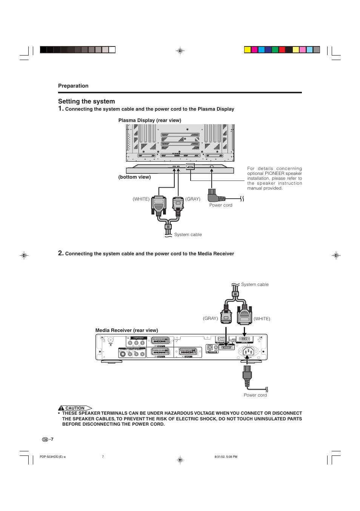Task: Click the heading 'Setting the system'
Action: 86,101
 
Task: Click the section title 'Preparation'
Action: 73,86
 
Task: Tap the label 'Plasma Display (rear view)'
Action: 150,120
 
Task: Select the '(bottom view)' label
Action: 134,177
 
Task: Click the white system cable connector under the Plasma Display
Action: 159,206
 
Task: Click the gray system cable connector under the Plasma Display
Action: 178,205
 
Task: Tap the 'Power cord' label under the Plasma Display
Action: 221,205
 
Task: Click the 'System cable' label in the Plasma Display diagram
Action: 188,235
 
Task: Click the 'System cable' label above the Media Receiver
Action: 255,284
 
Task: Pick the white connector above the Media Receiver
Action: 245,315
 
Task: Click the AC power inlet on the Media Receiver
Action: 248,352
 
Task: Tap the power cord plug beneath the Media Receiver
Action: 247,375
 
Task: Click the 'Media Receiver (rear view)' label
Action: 127,330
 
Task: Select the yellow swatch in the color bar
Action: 248,50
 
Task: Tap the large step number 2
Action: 61,253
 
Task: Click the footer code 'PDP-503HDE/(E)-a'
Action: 52,457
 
